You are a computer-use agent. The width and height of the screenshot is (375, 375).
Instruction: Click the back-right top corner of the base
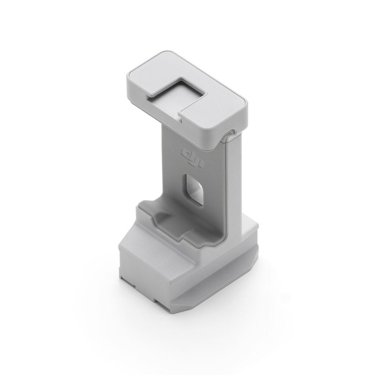click(255, 225)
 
